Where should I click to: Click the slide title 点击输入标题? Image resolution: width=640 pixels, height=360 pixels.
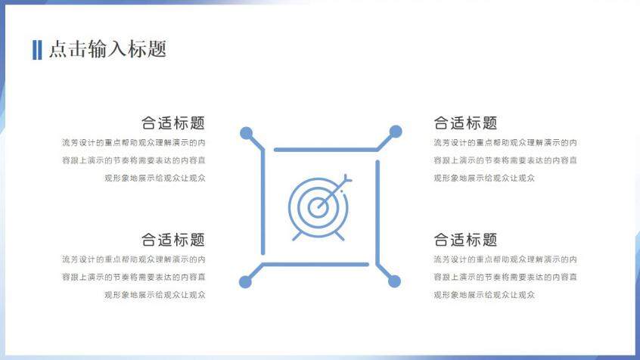click(x=107, y=50)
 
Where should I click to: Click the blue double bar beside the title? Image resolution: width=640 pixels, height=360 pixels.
click(x=37, y=50)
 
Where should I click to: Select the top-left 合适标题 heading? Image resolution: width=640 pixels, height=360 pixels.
click(x=172, y=123)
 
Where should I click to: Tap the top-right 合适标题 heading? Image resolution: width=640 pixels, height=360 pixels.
click(x=465, y=123)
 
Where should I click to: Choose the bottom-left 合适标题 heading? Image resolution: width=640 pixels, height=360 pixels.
click(x=172, y=240)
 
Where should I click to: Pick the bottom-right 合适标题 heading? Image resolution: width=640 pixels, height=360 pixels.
click(x=465, y=240)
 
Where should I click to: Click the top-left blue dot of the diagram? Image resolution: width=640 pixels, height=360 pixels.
click(x=246, y=134)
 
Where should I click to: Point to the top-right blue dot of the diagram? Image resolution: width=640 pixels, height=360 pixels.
click(x=395, y=132)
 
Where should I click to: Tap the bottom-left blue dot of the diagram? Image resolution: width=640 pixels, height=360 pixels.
click(x=245, y=282)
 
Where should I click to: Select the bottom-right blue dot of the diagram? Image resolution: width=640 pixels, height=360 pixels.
click(x=394, y=281)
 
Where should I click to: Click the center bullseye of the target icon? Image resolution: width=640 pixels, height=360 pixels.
click(x=318, y=203)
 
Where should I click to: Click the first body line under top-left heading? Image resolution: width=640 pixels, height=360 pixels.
click(x=133, y=142)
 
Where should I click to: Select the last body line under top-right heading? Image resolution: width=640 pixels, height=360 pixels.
click(x=484, y=178)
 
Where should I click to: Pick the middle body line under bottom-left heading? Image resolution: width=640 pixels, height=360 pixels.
click(x=133, y=278)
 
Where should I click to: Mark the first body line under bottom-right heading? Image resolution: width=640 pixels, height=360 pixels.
click(x=505, y=259)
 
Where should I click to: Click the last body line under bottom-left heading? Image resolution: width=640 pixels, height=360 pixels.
click(x=154, y=295)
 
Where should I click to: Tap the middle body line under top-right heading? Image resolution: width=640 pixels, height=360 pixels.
click(x=505, y=160)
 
